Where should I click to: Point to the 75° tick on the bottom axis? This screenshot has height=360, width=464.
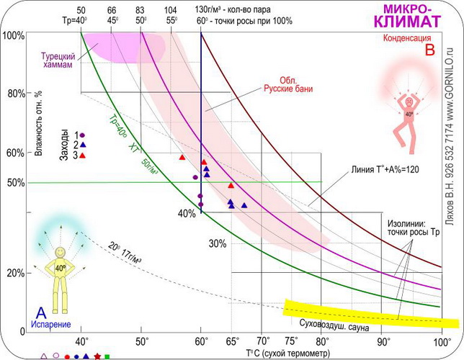(292, 341)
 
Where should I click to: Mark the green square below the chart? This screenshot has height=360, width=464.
(107, 356)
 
